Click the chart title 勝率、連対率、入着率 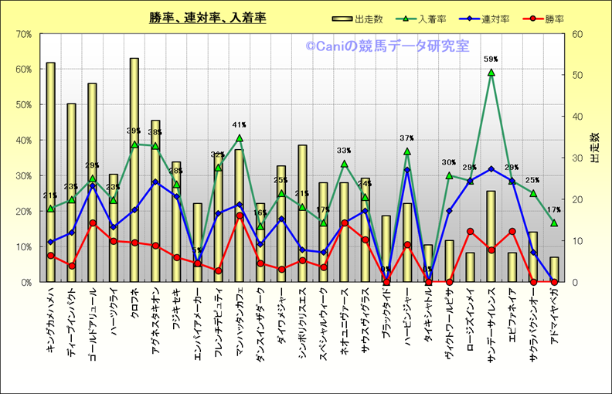pos(208,18)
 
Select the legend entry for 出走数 pos(360,19)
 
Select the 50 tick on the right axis pos(576,75)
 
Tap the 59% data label pos(491,59)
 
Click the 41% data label pos(239,125)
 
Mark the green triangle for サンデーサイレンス pos(491,73)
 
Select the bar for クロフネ pos(134,170)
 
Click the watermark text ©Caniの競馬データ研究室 pos(386,47)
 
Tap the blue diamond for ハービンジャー pos(407,170)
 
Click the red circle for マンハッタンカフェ pos(240,216)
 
